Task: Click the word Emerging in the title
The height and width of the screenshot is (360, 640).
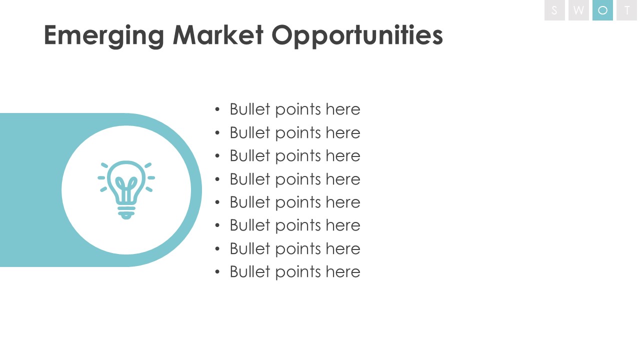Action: (104, 36)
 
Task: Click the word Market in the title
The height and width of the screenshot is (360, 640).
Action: (218, 35)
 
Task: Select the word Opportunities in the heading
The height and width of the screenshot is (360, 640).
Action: (357, 36)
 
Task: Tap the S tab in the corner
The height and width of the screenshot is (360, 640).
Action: (554, 10)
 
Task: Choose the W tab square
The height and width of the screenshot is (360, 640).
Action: (578, 10)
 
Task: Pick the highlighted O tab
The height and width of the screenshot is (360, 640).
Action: (602, 10)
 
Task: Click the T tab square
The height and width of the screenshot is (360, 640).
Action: (627, 10)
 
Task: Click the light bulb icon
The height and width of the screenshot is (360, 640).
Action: (126, 190)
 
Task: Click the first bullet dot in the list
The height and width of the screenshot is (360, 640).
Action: (217, 109)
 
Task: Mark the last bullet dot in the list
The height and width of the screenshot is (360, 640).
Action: (217, 271)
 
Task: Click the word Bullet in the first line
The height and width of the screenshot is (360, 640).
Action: (250, 109)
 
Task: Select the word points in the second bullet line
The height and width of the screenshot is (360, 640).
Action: (298, 133)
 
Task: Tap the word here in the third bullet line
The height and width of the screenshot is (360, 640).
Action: (343, 155)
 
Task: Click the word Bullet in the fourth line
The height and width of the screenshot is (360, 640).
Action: (250, 179)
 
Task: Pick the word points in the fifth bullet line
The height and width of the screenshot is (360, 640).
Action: (298, 203)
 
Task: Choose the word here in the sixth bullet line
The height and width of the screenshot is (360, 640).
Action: (343, 225)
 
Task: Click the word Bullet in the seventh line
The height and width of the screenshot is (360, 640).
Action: (250, 248)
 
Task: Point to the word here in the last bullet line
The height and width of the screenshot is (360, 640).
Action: (343, 271)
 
